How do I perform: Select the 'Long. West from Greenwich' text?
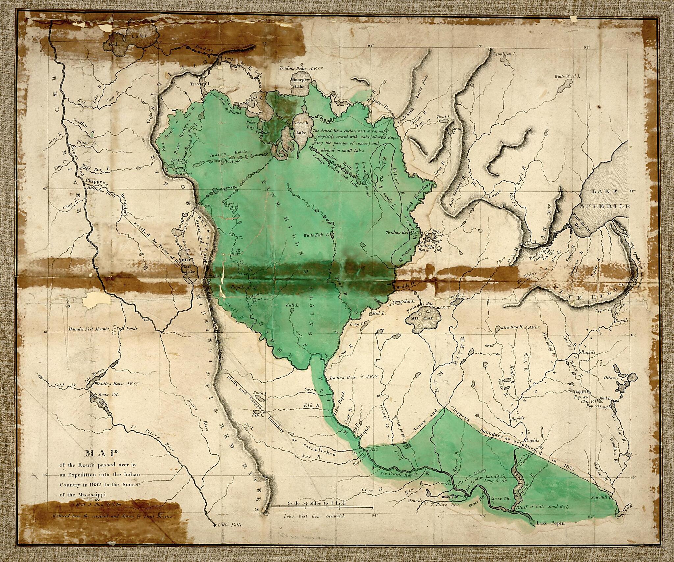(x=314, y=516)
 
